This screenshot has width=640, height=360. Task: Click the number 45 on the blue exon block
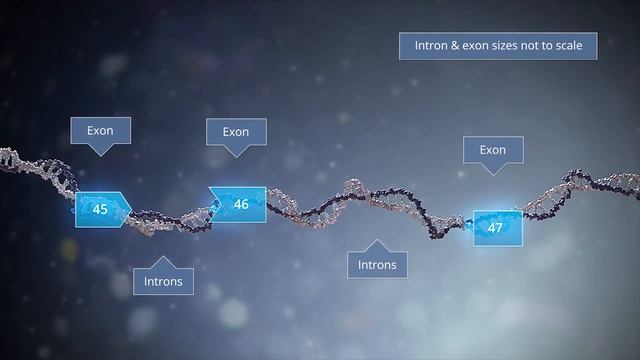100,209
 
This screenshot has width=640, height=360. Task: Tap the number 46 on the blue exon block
241,204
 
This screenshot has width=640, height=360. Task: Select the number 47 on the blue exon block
494,227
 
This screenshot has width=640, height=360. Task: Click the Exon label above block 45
100,130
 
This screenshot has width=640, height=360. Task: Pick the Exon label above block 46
235,131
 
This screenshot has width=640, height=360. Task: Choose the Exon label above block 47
492,150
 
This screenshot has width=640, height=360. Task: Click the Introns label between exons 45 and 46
163,281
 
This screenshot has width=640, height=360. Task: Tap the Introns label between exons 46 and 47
377,265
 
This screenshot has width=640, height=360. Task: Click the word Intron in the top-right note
431,46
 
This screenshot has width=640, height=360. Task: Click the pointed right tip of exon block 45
130,208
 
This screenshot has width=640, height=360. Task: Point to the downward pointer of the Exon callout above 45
100,151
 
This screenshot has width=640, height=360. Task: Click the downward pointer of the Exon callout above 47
492,170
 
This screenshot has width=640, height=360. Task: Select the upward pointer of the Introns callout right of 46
377,245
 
